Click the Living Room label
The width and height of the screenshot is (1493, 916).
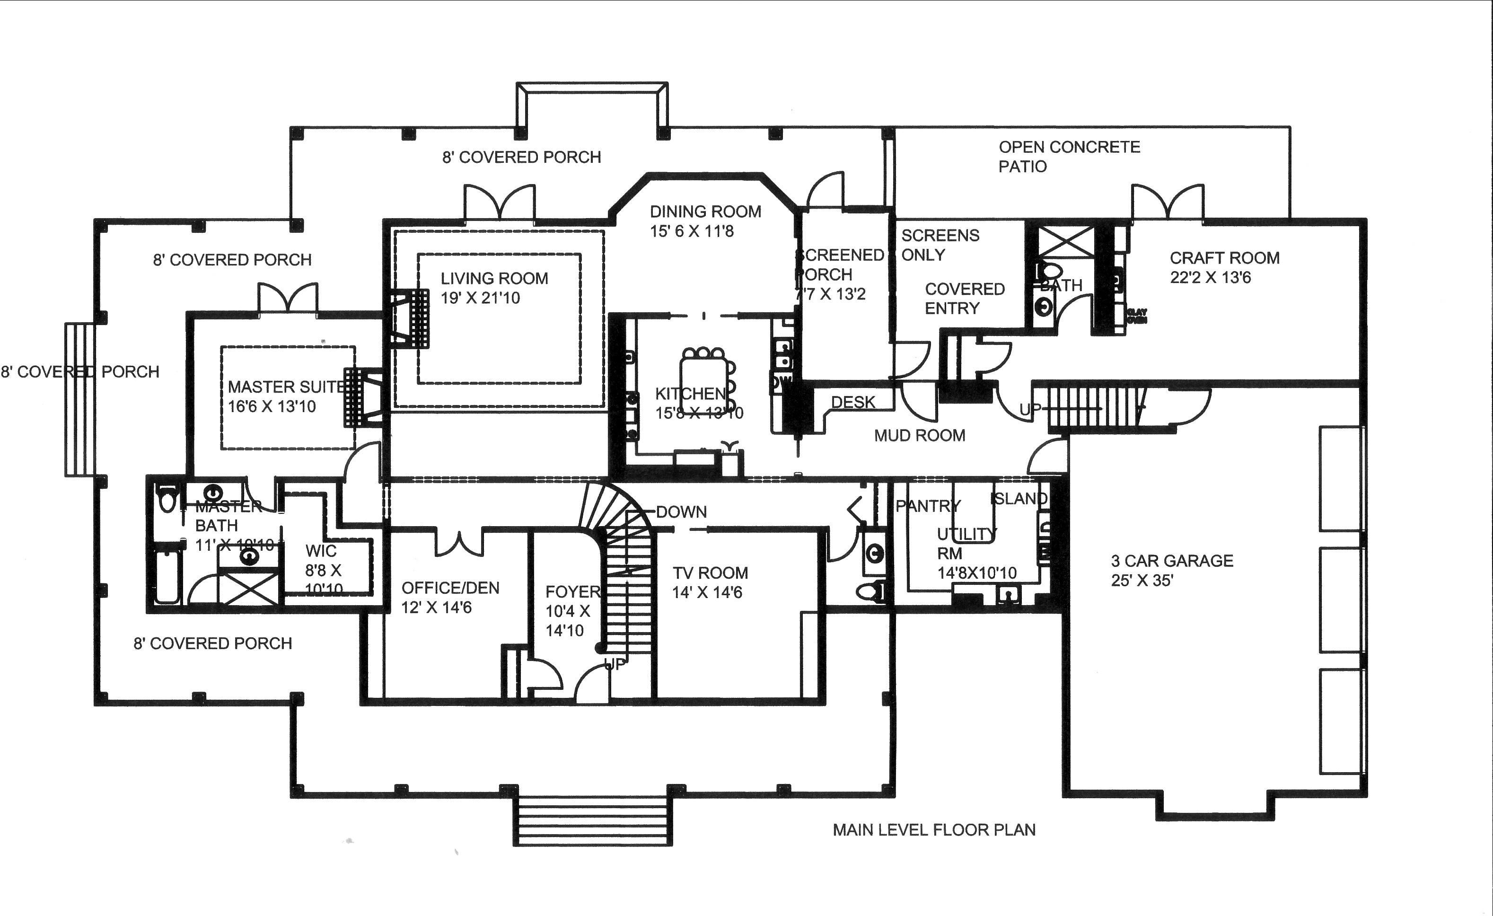[494, 279]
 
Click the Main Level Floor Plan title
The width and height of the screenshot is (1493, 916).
[934, 829]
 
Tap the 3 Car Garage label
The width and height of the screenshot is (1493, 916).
[1172, 561]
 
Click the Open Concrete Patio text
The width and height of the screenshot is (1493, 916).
[1069, 156]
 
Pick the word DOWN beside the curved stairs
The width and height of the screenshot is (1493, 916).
[681, 512]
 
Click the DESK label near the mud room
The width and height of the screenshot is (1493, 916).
[852, 402]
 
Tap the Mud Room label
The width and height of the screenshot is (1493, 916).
[919, 435]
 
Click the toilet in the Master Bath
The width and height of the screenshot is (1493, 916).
[166, 499]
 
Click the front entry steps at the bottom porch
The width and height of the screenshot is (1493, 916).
[593, 821]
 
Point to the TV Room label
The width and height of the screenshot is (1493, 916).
[710, 573]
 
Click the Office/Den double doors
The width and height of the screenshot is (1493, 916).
[459, 543]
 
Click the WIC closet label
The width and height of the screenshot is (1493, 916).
[321, 551]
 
